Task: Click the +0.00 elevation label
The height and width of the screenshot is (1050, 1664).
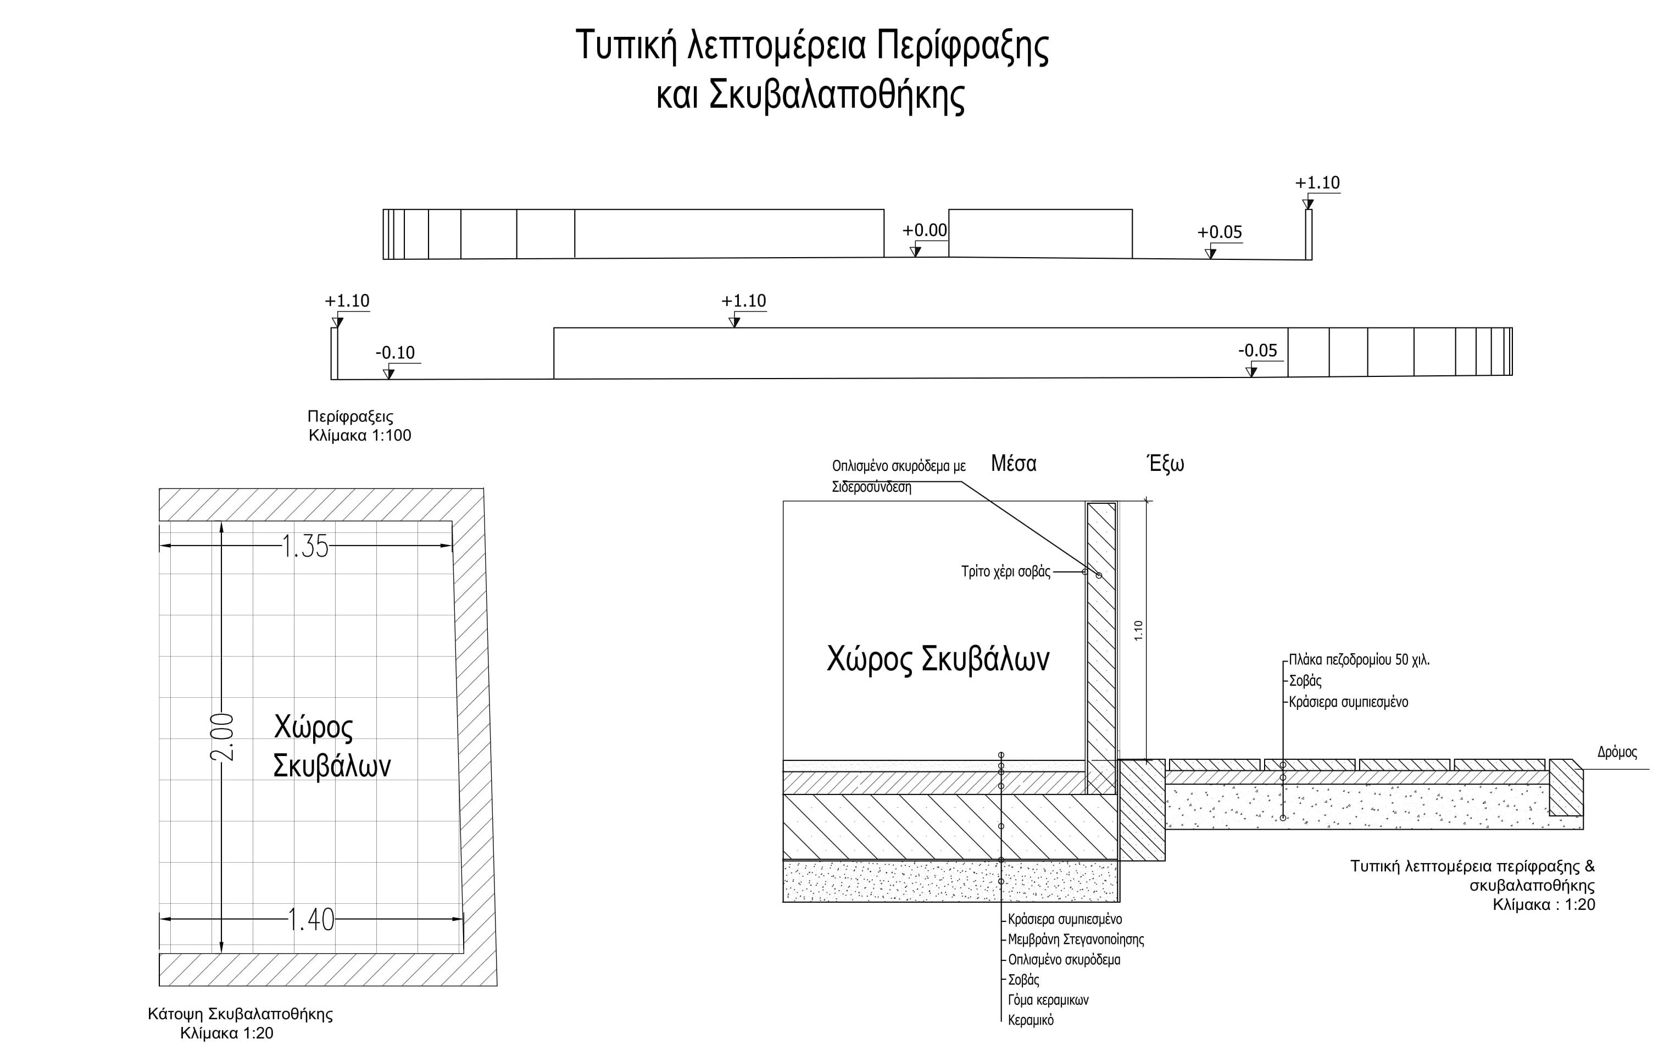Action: coord(925,230)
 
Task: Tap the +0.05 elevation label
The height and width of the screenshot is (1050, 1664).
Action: coord(1220,232)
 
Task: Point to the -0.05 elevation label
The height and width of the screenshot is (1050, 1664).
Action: coord(1257,351)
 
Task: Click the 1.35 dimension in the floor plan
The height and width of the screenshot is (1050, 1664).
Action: coord(305,547)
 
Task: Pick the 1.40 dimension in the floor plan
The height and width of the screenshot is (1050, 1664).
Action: coord(310,920)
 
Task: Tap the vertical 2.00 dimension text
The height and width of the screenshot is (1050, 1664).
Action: coord(222,737)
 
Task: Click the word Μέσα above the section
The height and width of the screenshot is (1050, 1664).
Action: coord(1013,464)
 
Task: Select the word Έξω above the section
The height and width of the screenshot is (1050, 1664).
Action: coord(1165,464)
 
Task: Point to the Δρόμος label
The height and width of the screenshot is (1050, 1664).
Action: coord(1616,752)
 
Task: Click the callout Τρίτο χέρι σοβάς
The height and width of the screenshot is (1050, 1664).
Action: coord(1005,571)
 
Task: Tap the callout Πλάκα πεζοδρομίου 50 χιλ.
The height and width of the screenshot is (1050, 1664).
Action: coord(1359,659)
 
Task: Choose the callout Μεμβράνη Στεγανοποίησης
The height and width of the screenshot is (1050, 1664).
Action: coord(1075,940)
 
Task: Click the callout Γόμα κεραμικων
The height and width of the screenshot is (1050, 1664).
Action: coord(1048,999)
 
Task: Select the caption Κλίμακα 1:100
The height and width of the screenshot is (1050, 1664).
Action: coord(359,436)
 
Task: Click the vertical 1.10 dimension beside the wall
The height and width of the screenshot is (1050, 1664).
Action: coord(1138,630)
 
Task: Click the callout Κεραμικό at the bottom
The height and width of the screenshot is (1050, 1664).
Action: coord(1031,1020)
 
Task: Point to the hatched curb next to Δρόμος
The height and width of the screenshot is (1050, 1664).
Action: coord(1565,787)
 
